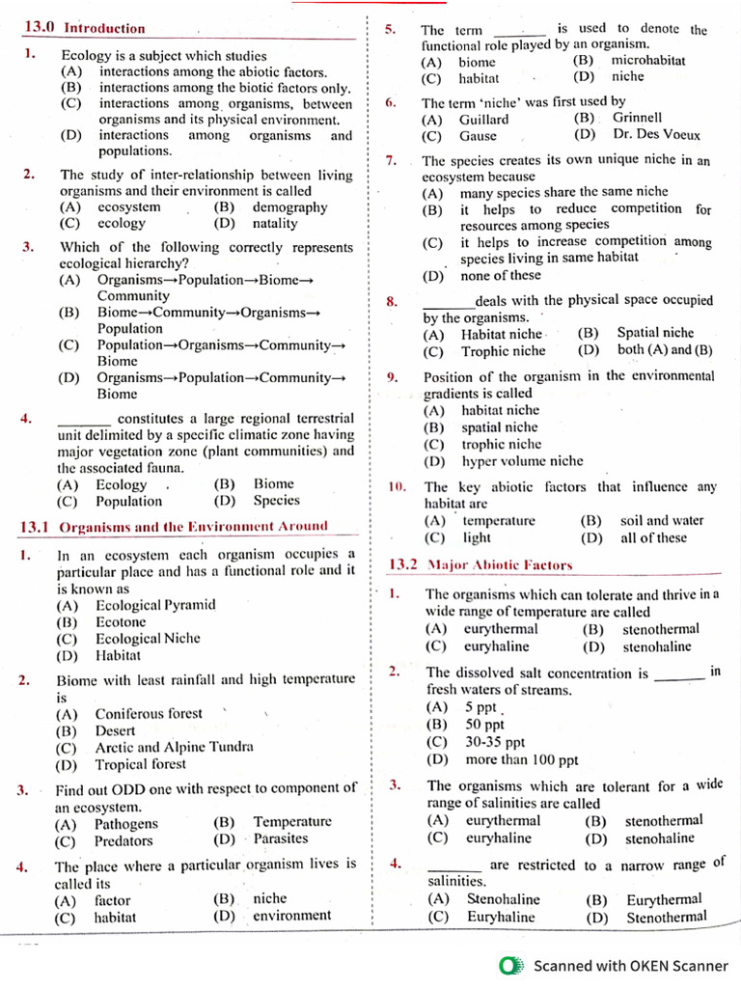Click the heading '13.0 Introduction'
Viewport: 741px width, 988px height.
(x=84, y=29)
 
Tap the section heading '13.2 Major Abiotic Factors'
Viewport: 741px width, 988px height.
(x=480, y=565)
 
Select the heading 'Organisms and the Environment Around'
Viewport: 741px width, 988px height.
(x=193, y=527)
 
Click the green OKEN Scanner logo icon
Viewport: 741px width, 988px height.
(x=511, y=966)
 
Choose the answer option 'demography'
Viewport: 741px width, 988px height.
(x=289, y=207)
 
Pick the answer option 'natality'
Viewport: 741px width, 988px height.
(x=275, y=224)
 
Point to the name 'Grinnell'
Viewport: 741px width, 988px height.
(x=637, y=119)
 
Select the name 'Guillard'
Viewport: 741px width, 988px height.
(x=483, y=120)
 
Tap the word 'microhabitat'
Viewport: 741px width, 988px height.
(x=648, y=61)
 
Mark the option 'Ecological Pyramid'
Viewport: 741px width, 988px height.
(x=155, y=606)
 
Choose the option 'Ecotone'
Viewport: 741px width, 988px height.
(x=121, y=622)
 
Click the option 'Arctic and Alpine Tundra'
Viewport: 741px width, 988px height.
(x=174, y=748)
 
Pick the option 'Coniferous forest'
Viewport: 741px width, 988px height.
(x=149, y=714)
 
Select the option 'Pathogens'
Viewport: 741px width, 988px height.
(x=125, y=823)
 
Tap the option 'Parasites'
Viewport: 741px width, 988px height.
(x=281, y=839)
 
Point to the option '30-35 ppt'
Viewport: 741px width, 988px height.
(x=495, y=742)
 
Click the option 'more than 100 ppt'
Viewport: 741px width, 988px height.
(x=522, y=759)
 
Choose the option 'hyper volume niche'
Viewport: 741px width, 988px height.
(x=522, y=461)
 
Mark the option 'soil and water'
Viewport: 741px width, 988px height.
(x=662, y=521)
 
